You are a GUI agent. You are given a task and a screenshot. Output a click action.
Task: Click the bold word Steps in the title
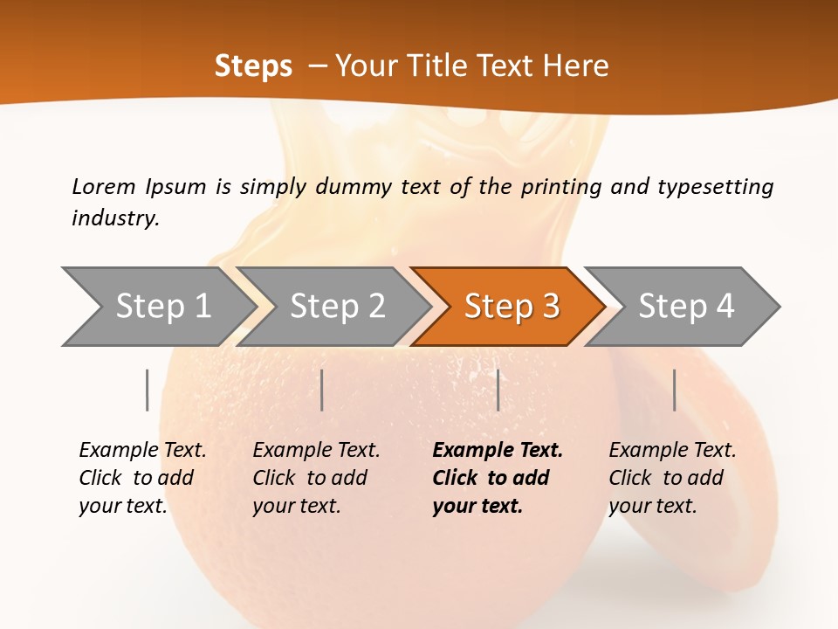[x=253, y=66]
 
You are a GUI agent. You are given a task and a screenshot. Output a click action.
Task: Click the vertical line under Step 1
[x=148, y=390]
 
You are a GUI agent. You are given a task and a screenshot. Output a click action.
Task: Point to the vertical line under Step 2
[x=322, y=390]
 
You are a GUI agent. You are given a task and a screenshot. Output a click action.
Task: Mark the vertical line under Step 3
[x=498, y=390]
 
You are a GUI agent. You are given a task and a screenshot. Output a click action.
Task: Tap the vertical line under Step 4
[x=675, y=390]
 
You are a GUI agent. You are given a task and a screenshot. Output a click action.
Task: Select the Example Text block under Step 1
[x=142, y=478]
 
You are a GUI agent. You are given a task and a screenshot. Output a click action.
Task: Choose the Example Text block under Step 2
[x=316, y=478]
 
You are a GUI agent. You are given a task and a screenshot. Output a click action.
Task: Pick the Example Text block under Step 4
[x=672, y=478]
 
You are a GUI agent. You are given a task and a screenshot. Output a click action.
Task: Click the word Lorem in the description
[x=104, y=187]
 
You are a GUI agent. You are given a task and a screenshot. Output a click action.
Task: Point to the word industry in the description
[x=114, y=218]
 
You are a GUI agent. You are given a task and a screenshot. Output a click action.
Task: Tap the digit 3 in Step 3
[x=550, y=307]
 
